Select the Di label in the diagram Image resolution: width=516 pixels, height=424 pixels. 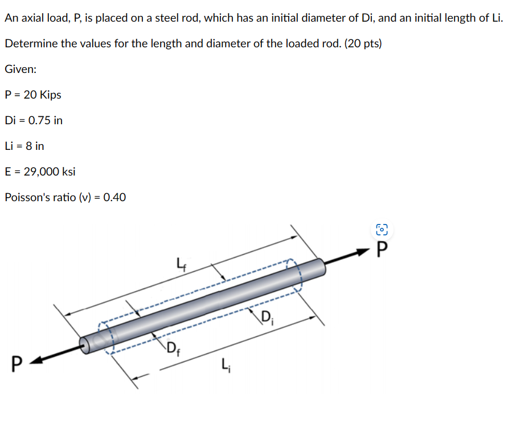pyautogui.click(x=268, y=316)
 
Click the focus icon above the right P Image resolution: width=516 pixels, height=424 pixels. pyautogui.click(x=382, y=230)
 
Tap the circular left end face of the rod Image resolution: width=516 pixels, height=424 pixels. pyautogui.click(x=85, y=345)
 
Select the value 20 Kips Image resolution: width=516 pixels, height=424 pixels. pyautogui.click(x=41, y=95)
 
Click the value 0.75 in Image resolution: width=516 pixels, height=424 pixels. pyautogui.click(x=46, y=120)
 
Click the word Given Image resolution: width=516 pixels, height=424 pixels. pyautogui.click(x=20, y=69)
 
